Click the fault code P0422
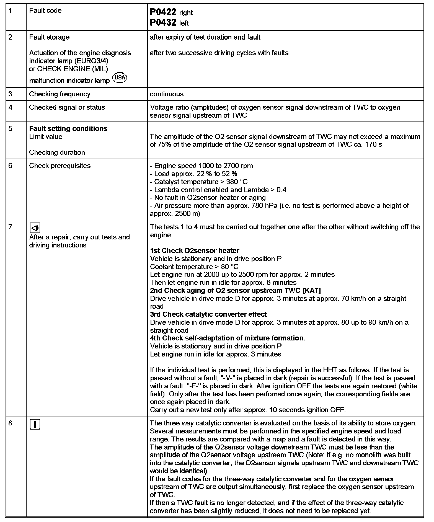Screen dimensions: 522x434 pos(163,12)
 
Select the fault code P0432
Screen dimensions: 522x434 pos(163,22)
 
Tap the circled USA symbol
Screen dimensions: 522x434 pos(120,78)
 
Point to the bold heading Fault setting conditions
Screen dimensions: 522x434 pos(68,129)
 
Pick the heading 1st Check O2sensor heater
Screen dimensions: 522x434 pos(195,251)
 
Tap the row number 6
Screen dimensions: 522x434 pos(11,166)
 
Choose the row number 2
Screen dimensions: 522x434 pos(11,37)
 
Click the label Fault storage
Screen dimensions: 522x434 pos(49,37)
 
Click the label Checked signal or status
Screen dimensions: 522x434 pos(67,107)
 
